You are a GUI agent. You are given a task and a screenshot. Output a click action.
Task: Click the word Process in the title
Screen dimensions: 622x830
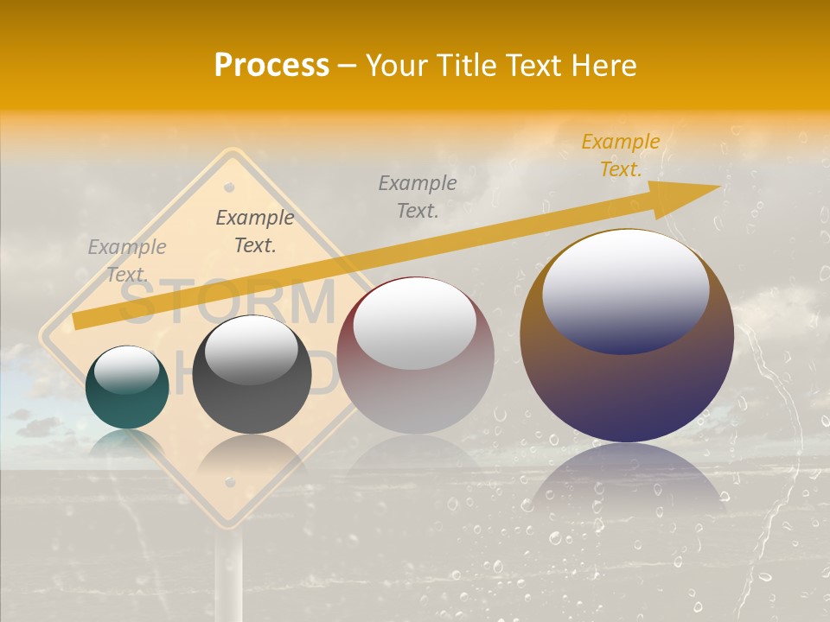pos(271,66)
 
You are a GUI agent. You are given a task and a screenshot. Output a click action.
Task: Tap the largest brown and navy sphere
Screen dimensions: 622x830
pos(627,337)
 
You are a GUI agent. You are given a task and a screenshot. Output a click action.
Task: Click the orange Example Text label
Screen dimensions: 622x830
pos(621,155)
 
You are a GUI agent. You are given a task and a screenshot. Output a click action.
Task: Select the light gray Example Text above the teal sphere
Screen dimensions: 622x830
pos(127,260)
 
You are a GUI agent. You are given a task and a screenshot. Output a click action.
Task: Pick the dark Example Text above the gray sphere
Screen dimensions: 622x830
pos(255,232)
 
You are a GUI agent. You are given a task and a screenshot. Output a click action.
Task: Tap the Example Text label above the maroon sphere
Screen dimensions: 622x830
pos(418,196)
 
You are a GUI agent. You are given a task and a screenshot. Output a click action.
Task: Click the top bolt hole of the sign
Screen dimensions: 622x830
pos(229,186)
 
